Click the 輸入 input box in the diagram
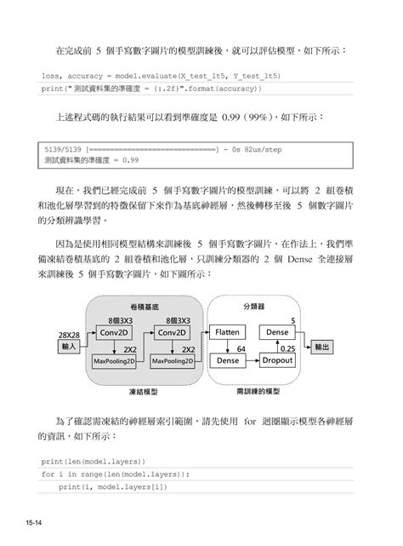coord(69,347)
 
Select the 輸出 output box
coord(321,348)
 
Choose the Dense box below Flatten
coord(228,360)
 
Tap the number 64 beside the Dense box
coord(241,348)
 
